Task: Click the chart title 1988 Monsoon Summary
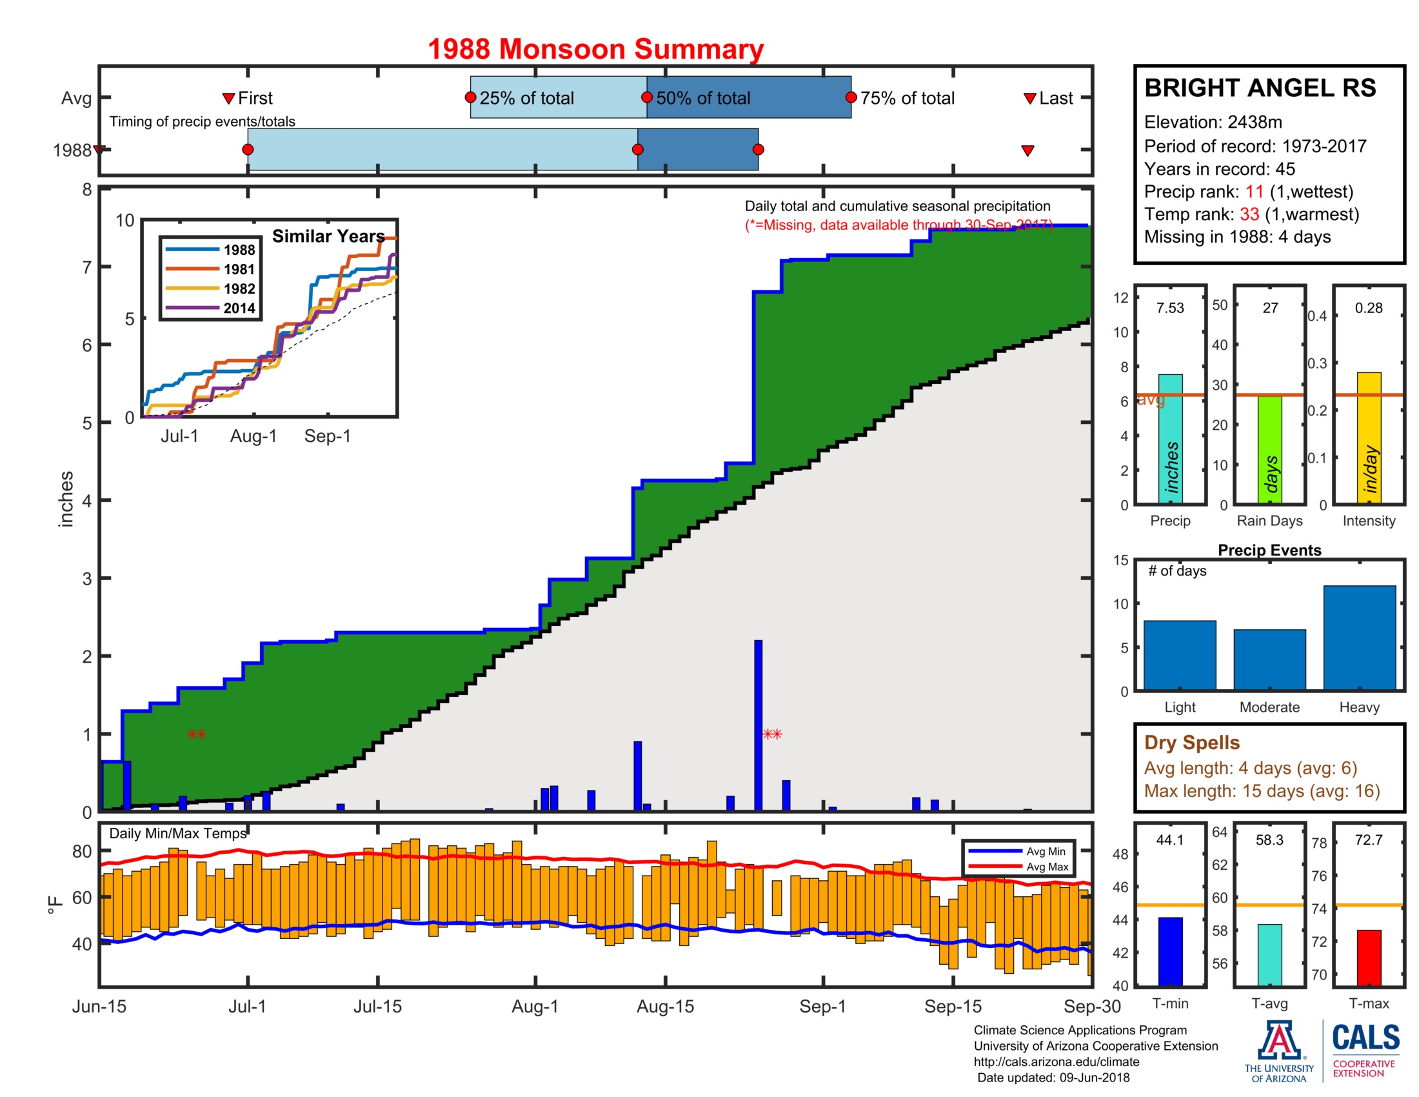point(595,50)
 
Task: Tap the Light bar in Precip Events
point(1179,654)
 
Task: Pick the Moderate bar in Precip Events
point(1269,659)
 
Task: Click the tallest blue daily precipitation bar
point(758,724)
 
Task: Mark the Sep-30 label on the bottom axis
point(1091,1006)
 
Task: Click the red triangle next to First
point(228,98)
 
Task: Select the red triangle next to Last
point(1029,98)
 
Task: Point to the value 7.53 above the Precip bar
point(1169,308)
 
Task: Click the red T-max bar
point(1368,957)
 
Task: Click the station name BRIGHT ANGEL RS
point(1260,88)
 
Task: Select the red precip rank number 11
point(1254,192)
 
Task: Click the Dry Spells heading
point(1191,742)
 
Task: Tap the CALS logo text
point(1365,1037)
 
